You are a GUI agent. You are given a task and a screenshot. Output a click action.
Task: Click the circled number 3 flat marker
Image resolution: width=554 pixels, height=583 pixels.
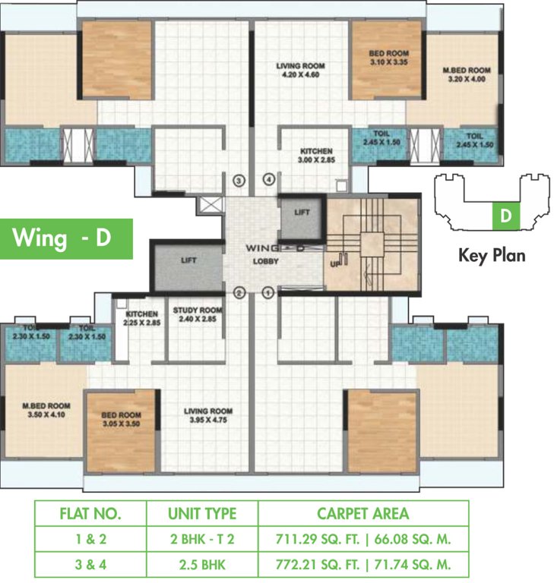pos(239,181)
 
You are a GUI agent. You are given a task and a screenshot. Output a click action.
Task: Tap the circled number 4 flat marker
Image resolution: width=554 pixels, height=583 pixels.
pos(269,180)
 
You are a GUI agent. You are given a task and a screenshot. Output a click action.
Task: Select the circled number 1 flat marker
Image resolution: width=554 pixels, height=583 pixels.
pos(268,292)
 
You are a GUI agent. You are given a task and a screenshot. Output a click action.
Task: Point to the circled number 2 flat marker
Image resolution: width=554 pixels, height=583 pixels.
pos(239,293)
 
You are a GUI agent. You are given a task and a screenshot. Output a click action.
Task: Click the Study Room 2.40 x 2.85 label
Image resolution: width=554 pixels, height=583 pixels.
pos(198,314)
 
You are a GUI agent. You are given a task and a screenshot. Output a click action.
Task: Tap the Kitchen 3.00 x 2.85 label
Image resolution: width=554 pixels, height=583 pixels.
pos(316,156)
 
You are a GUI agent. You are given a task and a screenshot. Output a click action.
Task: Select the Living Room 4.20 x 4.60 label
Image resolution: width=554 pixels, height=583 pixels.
pos(300,71)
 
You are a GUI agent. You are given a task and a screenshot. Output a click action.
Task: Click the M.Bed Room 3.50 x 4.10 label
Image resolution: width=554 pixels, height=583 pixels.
pos(46,410)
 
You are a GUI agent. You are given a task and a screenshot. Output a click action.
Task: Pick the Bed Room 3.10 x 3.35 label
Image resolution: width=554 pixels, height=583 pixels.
pos(388,58)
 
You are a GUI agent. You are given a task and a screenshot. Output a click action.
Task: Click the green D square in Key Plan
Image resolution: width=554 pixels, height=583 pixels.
pos(506,216)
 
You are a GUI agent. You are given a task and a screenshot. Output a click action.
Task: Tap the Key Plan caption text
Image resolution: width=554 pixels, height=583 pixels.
pos(492,255)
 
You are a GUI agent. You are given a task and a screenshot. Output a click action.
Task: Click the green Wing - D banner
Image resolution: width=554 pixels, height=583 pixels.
pos(66,238)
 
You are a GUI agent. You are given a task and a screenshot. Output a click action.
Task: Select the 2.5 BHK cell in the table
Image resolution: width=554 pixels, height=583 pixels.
pos(202,565)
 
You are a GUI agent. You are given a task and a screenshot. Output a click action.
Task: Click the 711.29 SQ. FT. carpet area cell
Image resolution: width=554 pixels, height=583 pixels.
pos(318,539)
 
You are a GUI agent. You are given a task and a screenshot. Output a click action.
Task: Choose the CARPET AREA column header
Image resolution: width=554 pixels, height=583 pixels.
pos(363,513)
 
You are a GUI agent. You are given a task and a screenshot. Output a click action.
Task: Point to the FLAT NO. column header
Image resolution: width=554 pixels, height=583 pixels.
pos(90,513)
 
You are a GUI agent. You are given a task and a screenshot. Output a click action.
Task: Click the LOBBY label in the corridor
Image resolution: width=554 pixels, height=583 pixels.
pos(265,261)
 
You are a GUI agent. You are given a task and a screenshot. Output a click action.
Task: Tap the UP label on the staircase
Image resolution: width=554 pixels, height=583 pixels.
pos(335,264)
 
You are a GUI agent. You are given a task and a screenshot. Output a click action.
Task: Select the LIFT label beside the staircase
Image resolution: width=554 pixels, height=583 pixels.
pos(302,213)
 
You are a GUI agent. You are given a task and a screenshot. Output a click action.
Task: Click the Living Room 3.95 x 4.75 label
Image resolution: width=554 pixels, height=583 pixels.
pos(208,415)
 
